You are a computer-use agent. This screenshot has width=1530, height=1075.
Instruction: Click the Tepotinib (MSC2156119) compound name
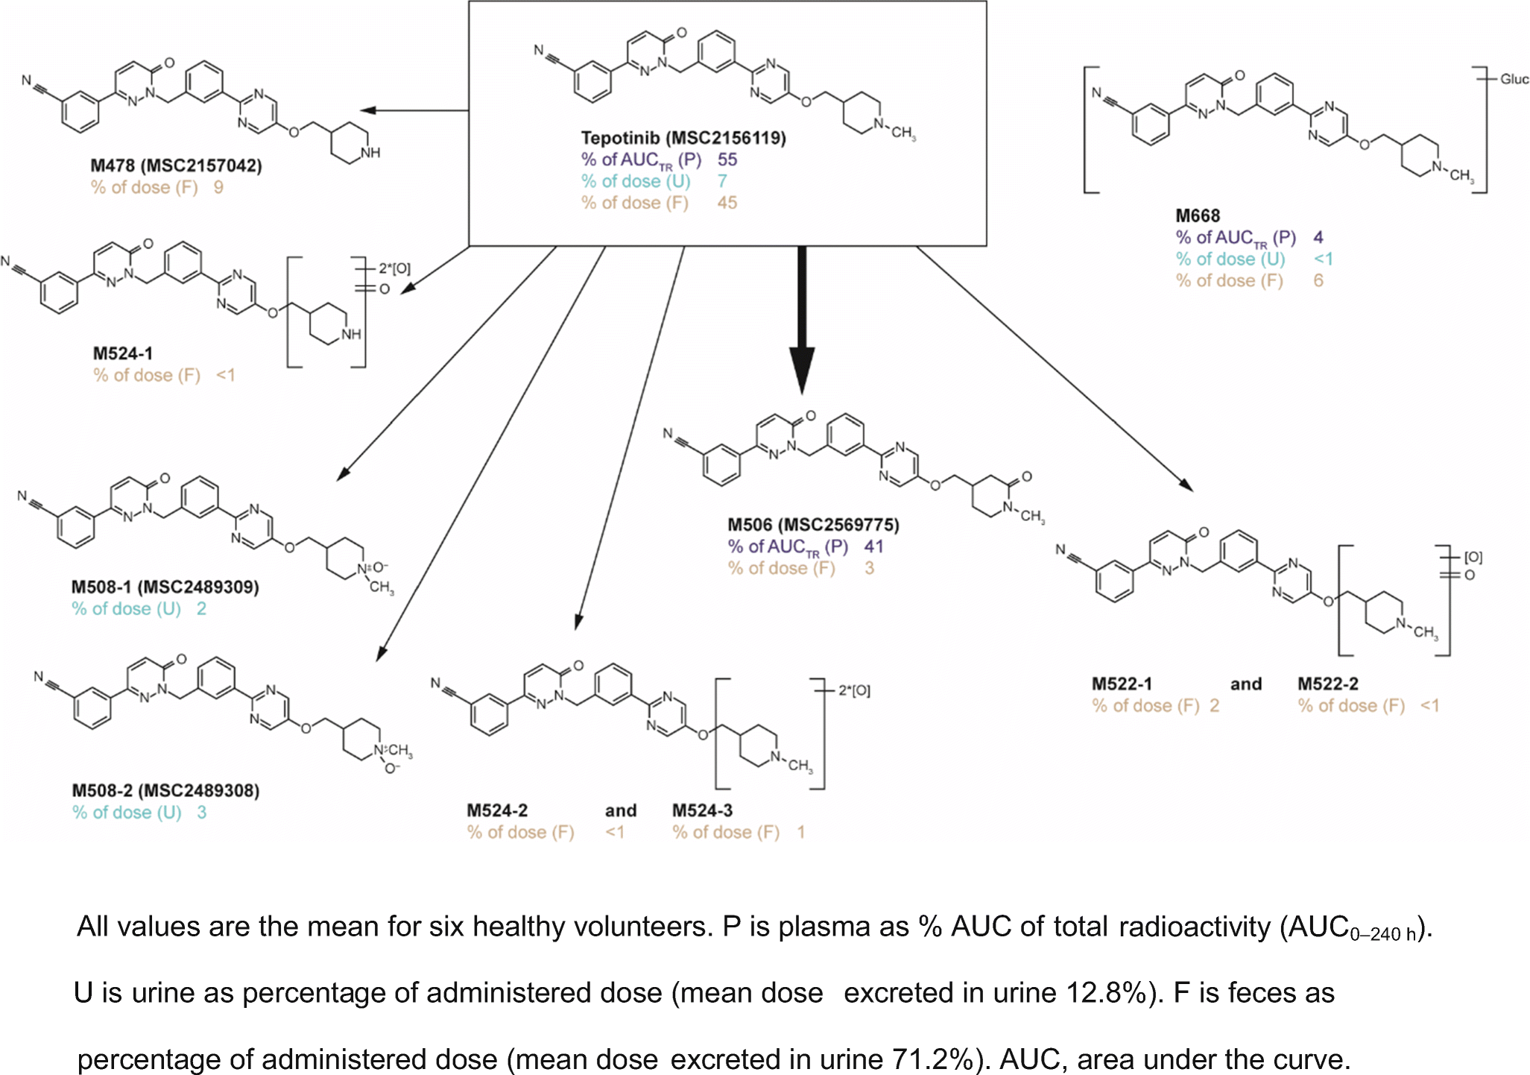click(683, 138)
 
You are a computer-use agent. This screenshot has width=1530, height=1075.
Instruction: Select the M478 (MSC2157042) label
click(176, 165)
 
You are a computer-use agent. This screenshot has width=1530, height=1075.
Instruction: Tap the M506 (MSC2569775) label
click(813, 525)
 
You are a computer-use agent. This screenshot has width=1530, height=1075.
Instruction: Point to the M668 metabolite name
click(1197, 216)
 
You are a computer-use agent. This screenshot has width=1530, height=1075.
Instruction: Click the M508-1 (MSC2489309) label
click(165, 587)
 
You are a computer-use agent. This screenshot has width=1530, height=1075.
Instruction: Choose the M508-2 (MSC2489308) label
click(165, 791)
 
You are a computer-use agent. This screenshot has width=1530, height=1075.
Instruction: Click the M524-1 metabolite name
click(122, 353)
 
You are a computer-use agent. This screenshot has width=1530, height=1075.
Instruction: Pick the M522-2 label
click(1327, 684)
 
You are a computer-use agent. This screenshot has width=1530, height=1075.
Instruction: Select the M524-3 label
click(702, 811)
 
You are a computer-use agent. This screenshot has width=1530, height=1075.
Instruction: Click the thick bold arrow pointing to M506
click(802, 321)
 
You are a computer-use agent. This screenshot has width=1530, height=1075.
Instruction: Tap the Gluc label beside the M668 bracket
click(1514, 79)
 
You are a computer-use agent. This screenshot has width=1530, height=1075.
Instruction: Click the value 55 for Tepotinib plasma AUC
click(727, 160)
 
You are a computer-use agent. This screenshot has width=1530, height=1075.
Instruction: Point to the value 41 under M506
click(873, 546)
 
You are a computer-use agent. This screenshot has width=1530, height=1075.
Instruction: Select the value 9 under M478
click(218, 187)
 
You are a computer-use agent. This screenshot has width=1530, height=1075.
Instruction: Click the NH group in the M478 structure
click(370, 153)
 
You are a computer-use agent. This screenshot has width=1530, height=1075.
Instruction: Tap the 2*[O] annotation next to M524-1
click(394, 268)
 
